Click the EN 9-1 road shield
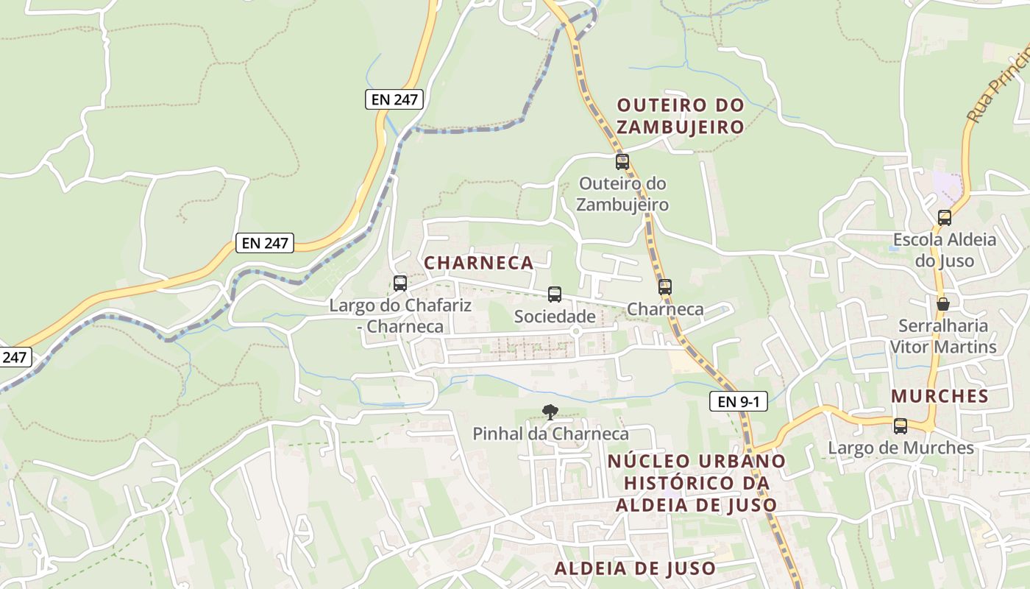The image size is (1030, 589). point(738,401)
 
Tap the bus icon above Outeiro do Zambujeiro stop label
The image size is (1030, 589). point(622,161)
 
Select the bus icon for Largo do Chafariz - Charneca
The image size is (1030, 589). point(400,283)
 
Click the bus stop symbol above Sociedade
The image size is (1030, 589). point(555,294)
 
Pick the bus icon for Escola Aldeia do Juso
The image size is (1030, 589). point(944,218)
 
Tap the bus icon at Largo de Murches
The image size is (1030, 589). point(901,426)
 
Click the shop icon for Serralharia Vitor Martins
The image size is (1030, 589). point(942,303)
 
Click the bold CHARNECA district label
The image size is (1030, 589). point(479,263)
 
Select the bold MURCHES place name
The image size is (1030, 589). point(940,396)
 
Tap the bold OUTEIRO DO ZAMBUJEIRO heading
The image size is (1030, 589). point(681,116)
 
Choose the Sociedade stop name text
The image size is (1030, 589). point(555,317)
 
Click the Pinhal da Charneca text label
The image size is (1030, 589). point(550,434)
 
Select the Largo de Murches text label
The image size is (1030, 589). point(901,448)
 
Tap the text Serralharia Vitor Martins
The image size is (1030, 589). point(943,336)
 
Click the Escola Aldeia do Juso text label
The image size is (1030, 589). point(944,250)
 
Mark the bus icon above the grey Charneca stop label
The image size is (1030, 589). point(665,286)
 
